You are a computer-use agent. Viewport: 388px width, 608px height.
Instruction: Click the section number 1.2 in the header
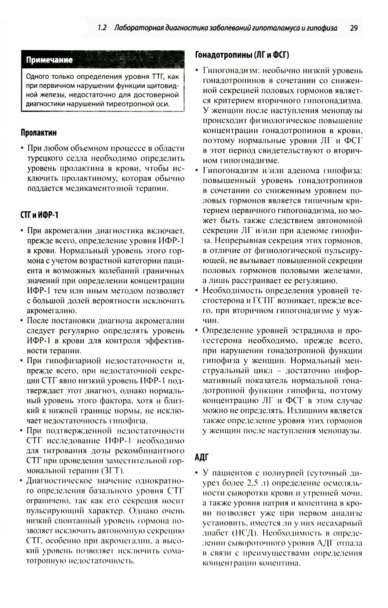tap(102, 28)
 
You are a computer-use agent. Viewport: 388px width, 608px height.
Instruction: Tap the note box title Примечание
tap(49, 60)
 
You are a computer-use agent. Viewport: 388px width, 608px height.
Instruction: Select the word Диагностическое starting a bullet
tap(58, 480)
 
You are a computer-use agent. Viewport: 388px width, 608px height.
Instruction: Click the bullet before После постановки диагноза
tap(21, 320)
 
